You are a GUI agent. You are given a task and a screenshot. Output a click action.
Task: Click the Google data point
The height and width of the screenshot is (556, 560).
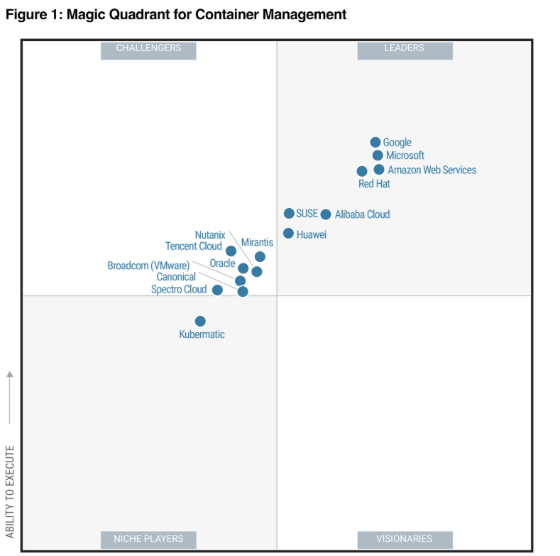pos(375,143)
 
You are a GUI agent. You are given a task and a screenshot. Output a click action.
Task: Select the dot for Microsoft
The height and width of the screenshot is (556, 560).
pos(378,156)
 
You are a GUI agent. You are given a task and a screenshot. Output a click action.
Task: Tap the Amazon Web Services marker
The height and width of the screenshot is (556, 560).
pos(379,170)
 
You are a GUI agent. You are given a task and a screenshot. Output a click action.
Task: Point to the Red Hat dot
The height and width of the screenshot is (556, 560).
pos(362,171)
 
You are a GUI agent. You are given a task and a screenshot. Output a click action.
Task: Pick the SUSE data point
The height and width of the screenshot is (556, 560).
pos(289,214)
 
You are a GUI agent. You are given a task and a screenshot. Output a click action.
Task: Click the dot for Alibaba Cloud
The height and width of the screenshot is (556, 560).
pos(326,214)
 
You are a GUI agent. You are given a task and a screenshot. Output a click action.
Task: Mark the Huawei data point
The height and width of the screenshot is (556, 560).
pos(288,234)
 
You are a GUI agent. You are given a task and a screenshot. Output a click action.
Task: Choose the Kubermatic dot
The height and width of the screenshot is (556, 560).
pos(200,322)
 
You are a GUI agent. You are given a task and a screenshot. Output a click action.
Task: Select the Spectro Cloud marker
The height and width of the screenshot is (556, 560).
pos(217,290)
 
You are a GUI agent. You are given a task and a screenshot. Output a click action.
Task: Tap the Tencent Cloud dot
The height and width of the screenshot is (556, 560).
pos(231,251)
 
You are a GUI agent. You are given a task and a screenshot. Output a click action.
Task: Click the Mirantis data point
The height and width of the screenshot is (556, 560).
pos(260,256)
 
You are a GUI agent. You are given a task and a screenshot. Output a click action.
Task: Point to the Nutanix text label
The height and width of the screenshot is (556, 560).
pos(210,235)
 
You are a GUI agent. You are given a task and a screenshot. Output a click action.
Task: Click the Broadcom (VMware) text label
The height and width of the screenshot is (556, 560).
pos(148,266)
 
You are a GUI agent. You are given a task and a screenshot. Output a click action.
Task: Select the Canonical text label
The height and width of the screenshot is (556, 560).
pos(176,277)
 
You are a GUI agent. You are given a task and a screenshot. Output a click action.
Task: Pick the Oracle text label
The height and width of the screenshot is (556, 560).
pos(222,263)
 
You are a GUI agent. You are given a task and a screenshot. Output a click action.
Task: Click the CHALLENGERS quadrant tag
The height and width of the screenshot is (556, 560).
pos(148,48)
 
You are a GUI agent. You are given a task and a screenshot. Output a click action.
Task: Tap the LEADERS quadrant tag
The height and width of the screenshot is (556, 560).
pos(405,48)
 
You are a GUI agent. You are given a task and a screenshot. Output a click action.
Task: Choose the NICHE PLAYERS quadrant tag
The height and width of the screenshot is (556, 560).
pos(148,539)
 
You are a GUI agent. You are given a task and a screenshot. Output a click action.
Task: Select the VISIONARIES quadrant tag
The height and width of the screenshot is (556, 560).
pos(405,539)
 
